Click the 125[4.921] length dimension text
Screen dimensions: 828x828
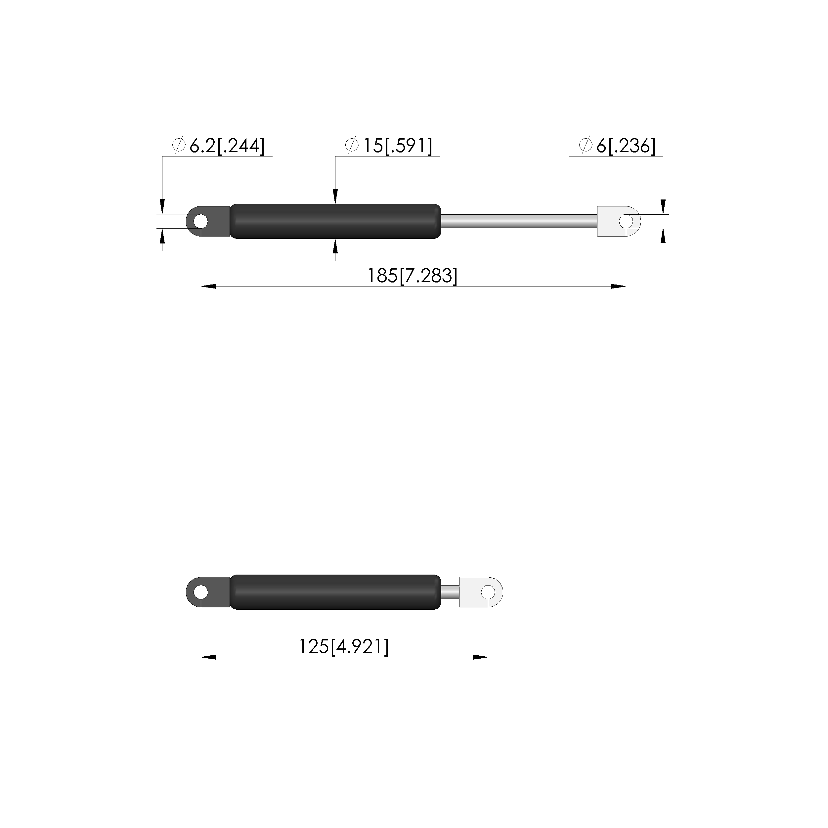point(344,646)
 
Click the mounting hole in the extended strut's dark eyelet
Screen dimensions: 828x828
point(200,222)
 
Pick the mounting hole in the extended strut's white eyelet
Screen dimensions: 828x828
point(626,222)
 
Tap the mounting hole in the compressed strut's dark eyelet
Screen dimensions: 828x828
point(200,592)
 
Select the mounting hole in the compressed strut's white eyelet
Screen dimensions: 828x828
point(488,592)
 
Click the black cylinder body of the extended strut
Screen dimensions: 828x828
point(335,221)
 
